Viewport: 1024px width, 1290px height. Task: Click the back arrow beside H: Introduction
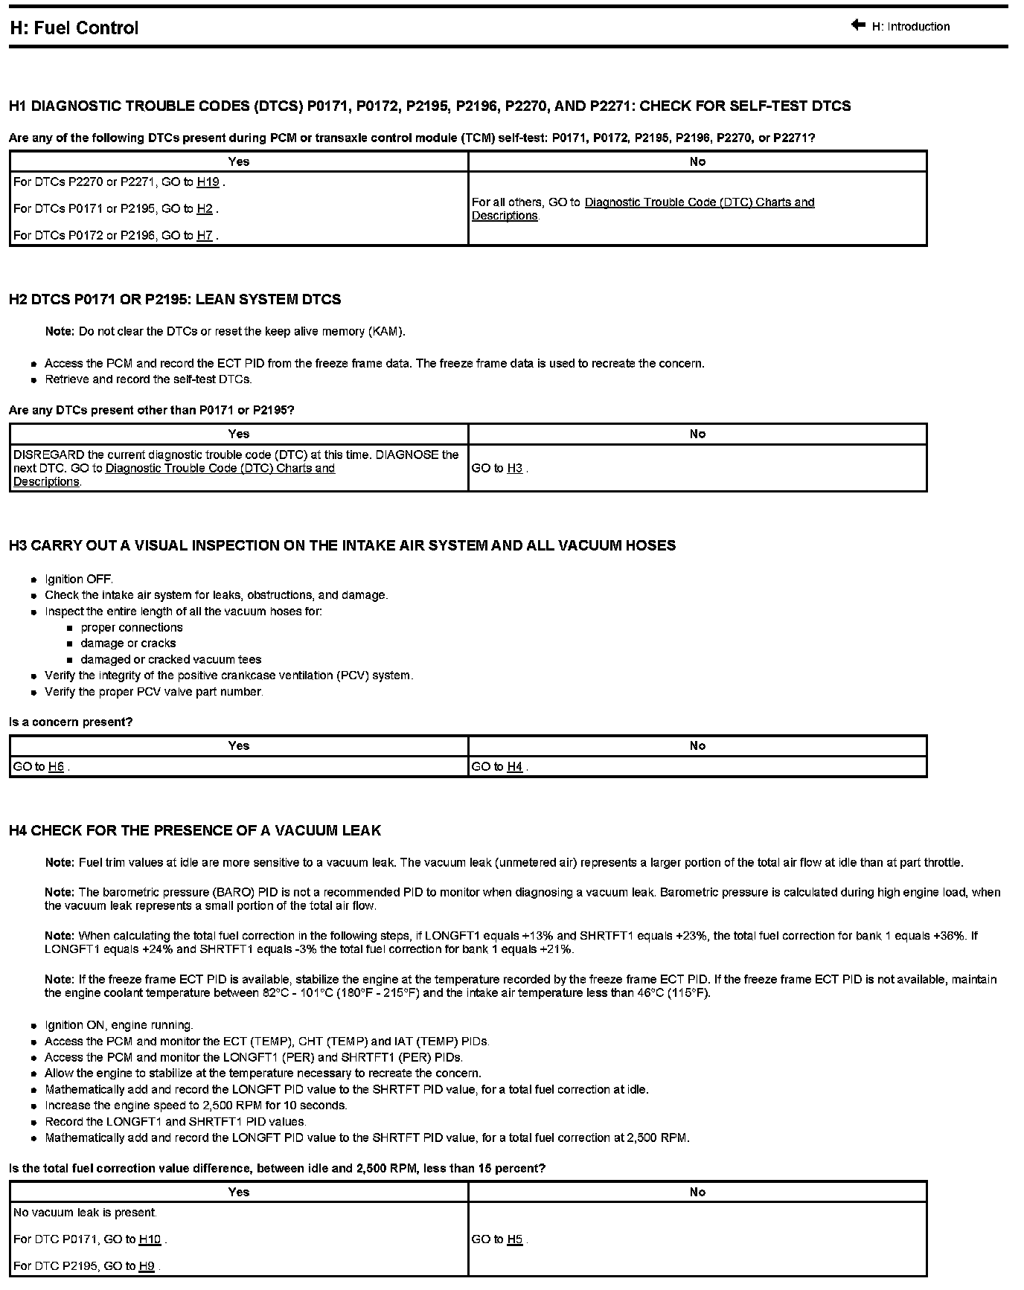click(x=858, y=25)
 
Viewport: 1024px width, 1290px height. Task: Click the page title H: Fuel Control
click(x=74, y=28)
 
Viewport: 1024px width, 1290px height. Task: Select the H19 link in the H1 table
click(x=208, y=182)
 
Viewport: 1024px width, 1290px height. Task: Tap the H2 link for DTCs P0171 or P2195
click(x=205, y=209)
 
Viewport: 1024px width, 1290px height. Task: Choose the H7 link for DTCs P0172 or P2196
click(x=205, y=236)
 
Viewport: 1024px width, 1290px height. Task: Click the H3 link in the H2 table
click(x=515, y=469)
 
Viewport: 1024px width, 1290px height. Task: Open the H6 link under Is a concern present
click(x=56, y=767)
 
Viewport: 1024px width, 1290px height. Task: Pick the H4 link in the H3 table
click(x=515, y=767)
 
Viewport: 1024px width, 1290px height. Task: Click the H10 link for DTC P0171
click(x=150, y=1239)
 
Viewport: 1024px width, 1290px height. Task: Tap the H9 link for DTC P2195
click(x=147, y=1266)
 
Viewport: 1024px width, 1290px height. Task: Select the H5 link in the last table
click(x=515, y=1239)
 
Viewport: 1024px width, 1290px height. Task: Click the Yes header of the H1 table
click(x=239, y=161)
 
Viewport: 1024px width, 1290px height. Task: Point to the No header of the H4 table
click(x=697, y=1192)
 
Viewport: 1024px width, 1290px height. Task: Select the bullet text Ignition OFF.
click(x=79, y=579)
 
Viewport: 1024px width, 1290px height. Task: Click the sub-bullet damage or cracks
click(x=128, y=644)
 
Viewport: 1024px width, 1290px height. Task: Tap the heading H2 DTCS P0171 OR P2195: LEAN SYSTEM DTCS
click(x=175, y=300)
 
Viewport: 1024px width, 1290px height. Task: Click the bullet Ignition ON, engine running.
click(x=119, y=1025)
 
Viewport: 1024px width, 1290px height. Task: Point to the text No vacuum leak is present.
click(x=86, y=1213)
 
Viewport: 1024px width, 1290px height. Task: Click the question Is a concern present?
click(x=71, y=722)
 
